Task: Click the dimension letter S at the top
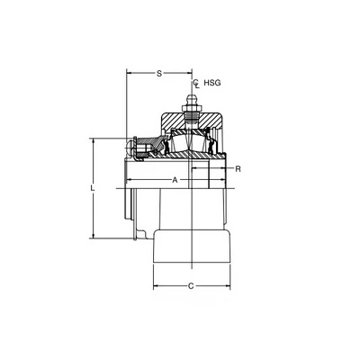[159, 74]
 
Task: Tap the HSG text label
[212, 83]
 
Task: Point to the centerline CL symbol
[196, 84]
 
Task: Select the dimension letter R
[238, 169]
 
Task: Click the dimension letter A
[175, 180]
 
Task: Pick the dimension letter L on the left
[93, 188]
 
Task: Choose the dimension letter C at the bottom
[191, 286]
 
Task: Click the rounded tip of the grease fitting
[190, 97]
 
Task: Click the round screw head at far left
[130, 148]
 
